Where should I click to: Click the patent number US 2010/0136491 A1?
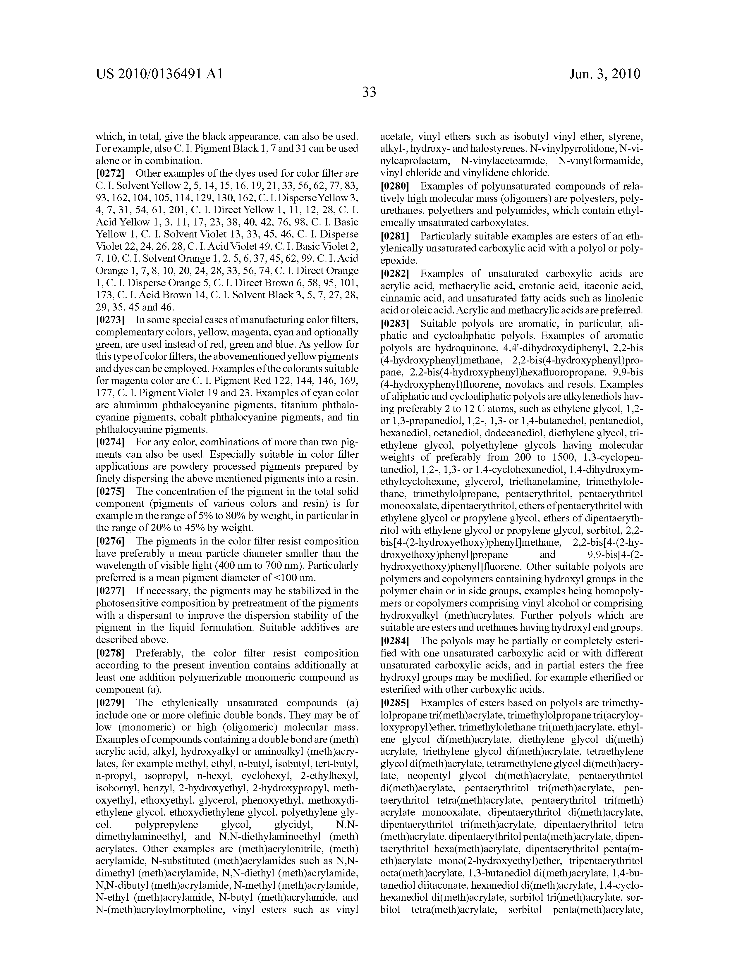pyautogui.click(x=159, y=74)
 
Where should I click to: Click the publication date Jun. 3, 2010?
pyautogui.click(x=604, y=74)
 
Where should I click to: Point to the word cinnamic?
pyautogui.click(x=397, y=299)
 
